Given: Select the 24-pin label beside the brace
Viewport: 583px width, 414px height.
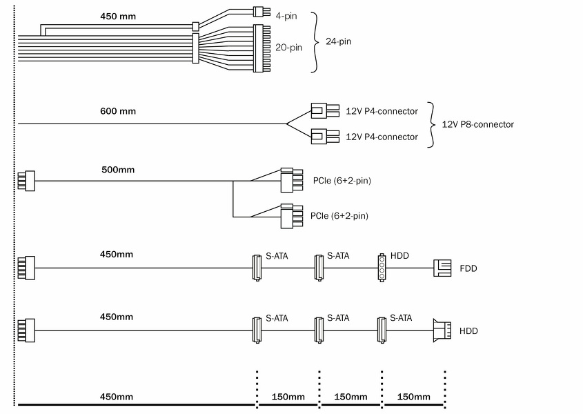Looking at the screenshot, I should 339,41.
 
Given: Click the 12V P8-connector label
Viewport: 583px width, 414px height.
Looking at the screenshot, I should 477,124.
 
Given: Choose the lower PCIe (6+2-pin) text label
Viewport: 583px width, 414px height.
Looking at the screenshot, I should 339,216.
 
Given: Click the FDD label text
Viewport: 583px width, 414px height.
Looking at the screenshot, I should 468,268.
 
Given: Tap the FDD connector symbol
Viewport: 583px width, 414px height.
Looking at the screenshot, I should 442,268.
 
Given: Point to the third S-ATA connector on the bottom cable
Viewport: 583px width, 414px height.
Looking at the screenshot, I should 381,331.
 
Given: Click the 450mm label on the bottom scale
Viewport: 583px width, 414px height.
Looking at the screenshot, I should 117,397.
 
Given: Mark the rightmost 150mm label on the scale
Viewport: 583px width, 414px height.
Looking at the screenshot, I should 414,397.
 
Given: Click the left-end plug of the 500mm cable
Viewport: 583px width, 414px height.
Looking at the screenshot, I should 26,181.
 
